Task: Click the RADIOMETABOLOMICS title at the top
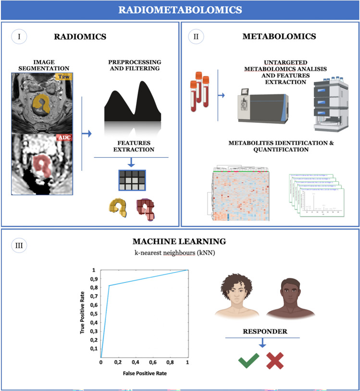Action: click(x=180, y=9)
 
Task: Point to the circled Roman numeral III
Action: click(x=19, y=245)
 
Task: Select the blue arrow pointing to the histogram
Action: click(x=87, y=133)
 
